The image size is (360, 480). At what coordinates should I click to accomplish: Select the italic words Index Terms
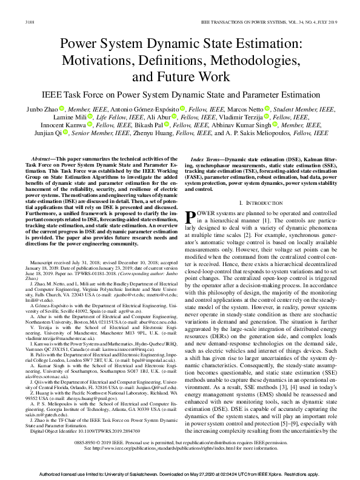pyautogui.click(x=206, y=156)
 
